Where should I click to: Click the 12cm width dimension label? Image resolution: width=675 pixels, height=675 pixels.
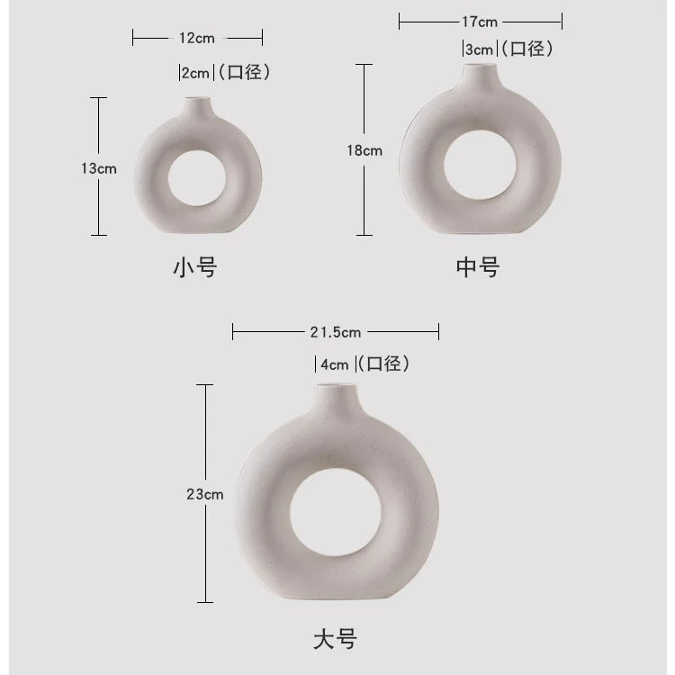click(197, 39)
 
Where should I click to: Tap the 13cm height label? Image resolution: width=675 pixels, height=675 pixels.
click(99, 168)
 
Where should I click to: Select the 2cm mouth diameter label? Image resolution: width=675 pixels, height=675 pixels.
click(195, 73)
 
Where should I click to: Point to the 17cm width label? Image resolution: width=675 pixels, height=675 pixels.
click(480, 22)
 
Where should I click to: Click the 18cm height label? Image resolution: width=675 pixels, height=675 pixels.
click(364, 150)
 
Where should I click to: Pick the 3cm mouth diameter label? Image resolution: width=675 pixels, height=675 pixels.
click(479, 49)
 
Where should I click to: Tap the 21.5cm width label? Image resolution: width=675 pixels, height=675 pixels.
click(336, 332)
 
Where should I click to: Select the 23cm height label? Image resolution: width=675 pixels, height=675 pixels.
click(205, 494)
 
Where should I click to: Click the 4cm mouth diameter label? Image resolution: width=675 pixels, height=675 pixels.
click(335, 365)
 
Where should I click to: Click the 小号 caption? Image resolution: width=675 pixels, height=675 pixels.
click(195, 267)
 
